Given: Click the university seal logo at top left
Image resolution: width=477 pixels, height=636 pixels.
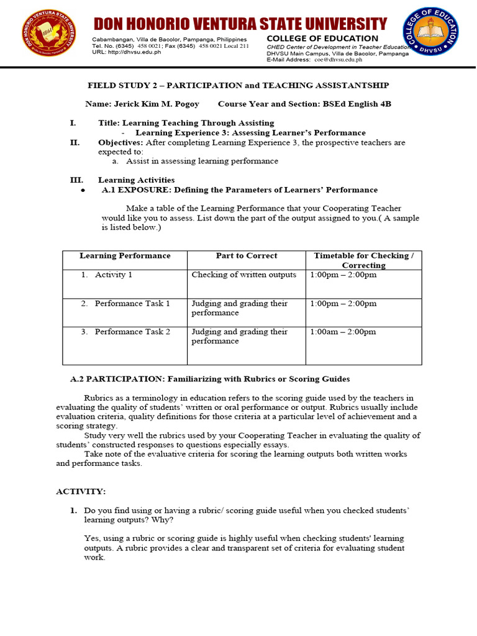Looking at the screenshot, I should pos(50,35).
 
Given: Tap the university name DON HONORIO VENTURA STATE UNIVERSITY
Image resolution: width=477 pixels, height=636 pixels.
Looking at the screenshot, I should pos(240,24).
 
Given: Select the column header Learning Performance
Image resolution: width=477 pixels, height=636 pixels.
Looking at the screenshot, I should pos(124,256).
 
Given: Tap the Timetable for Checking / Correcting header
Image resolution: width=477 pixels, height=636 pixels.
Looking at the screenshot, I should pos(363,260).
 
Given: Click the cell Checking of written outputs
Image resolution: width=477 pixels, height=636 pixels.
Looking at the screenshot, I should pos(243,275).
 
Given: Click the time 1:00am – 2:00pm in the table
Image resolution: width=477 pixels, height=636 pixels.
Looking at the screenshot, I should pos(343,332).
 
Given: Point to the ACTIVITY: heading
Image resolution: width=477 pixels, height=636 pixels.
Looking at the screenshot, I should pos(81,491).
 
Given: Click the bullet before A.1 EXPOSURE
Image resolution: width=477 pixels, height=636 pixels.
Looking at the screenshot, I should pos(83,191).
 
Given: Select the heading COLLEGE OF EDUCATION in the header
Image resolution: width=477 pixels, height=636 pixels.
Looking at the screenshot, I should pos(322,39).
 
